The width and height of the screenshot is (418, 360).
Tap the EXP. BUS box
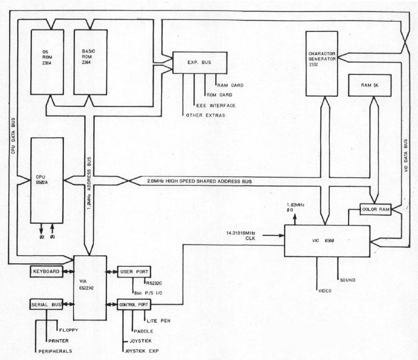click(200, 62)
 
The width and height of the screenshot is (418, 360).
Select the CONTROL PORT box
click(134, 305)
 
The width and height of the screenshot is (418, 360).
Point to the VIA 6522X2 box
click(90, 288)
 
